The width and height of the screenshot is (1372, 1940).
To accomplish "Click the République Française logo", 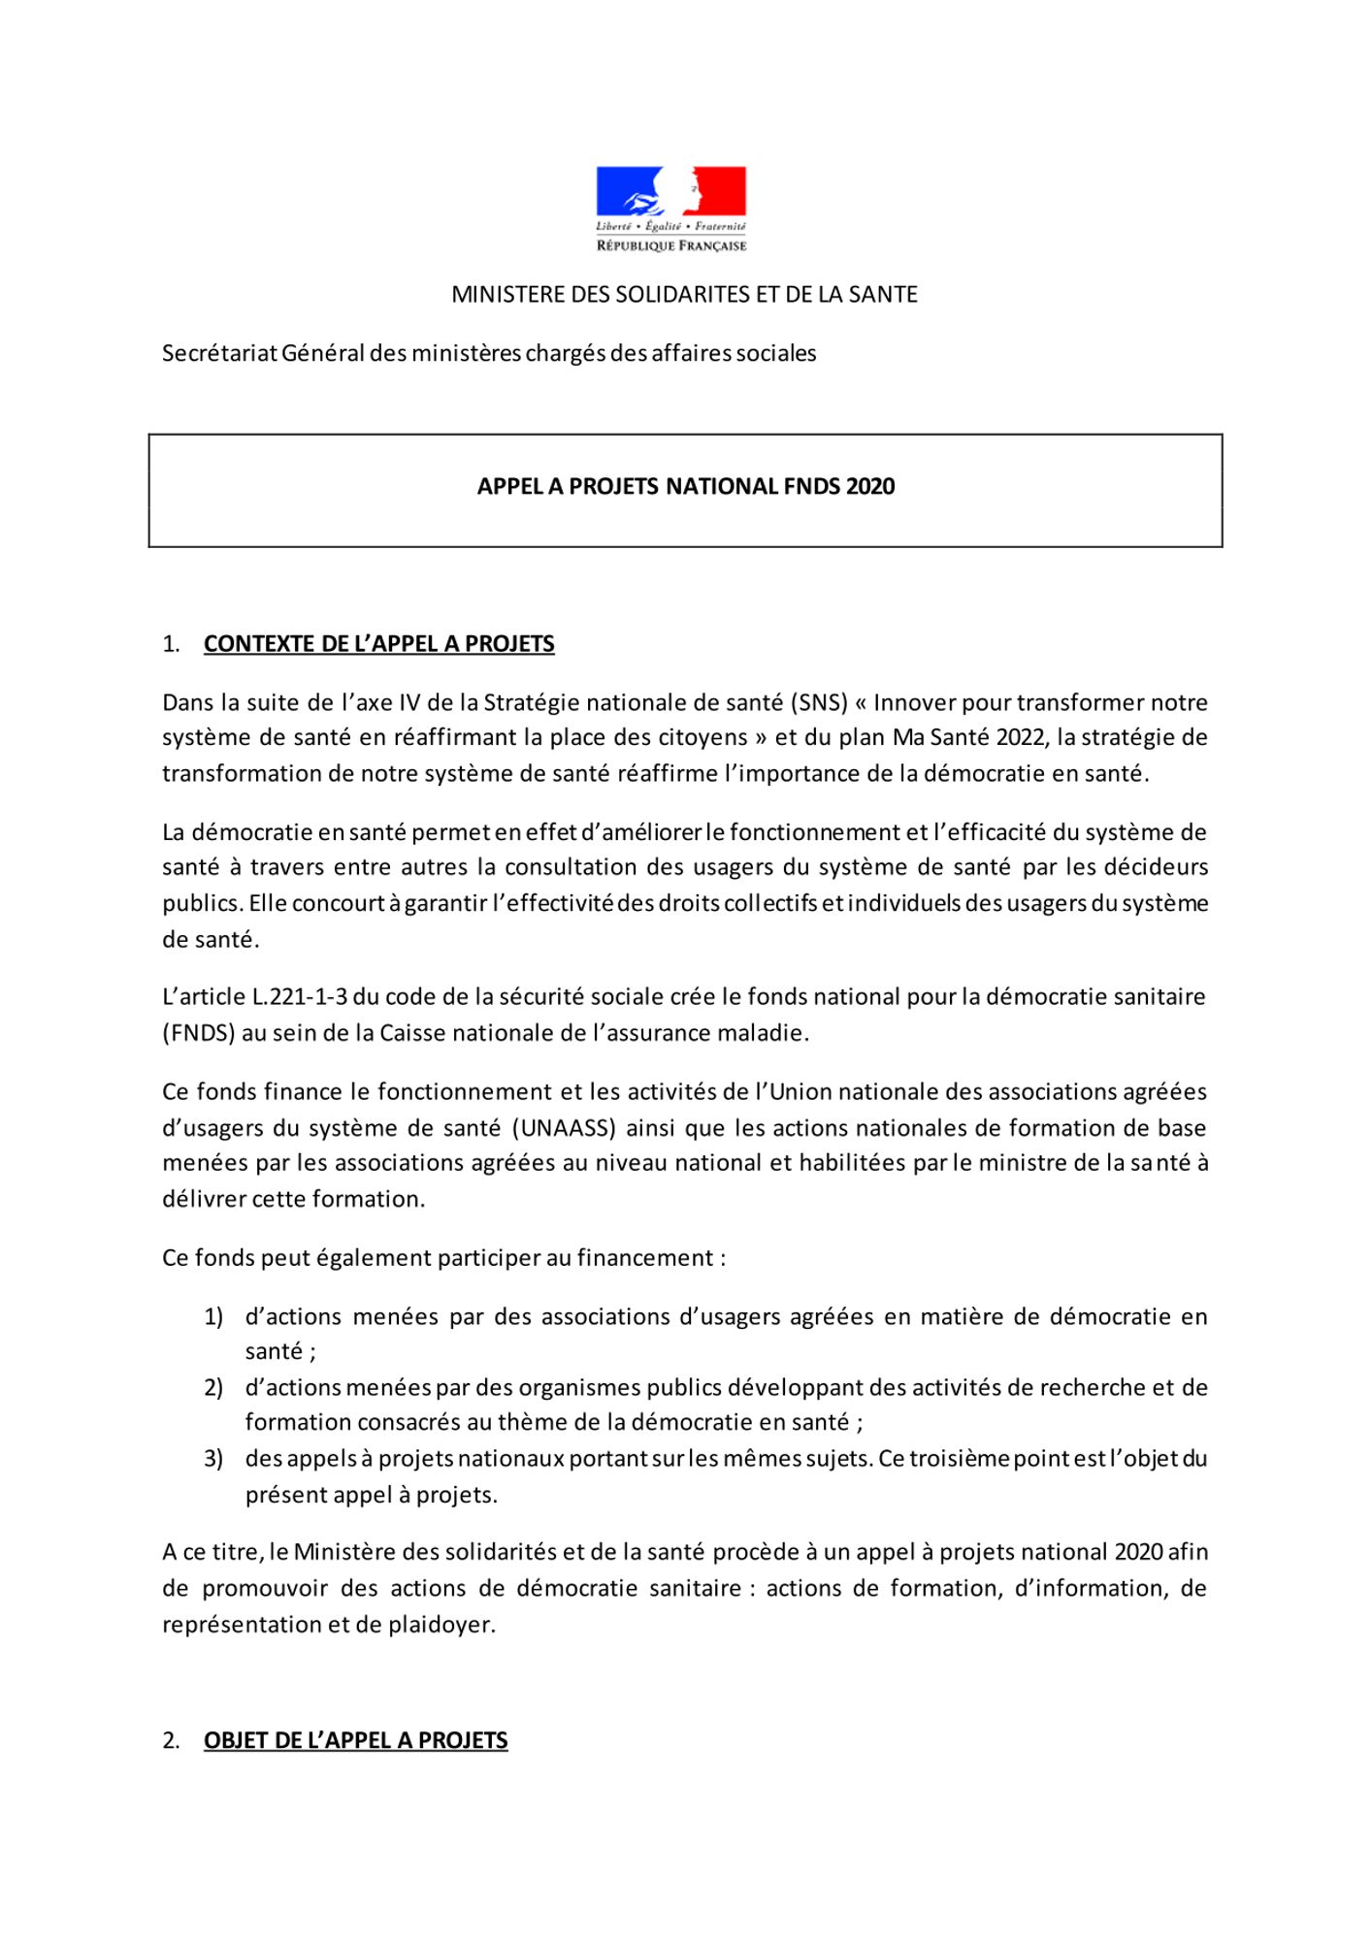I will click(670, 209).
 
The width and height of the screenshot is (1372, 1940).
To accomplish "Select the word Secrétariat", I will click(219, 353).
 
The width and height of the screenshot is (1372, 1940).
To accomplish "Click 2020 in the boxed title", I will click(870, 487).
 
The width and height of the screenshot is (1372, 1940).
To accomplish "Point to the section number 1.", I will click(171, 644).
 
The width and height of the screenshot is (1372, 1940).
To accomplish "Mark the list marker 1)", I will click(213, 1316).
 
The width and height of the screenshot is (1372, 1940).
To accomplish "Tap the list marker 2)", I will click(213, 1387).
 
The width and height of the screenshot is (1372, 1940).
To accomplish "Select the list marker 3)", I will click(213, 1459).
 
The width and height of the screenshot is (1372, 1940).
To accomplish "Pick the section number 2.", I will click(171, 1740).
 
